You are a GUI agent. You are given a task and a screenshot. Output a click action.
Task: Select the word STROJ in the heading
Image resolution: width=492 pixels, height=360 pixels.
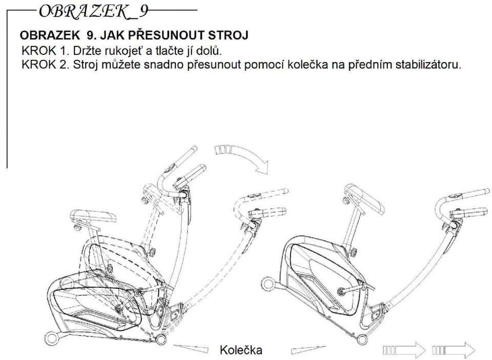228,35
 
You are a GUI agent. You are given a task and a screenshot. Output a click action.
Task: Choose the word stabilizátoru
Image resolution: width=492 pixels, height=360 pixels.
428,65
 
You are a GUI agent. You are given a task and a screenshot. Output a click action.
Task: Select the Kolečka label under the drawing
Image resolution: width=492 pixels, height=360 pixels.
241,349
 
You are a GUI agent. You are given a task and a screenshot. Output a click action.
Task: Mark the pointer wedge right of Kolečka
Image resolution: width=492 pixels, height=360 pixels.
310,349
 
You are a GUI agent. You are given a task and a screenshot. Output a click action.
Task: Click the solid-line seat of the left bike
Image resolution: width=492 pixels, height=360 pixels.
93,217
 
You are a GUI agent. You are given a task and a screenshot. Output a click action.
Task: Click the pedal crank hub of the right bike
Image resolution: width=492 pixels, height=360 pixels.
340,291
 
